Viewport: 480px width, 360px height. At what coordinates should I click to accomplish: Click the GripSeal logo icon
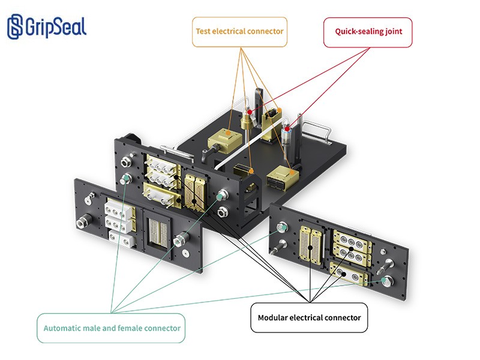pos(15,26)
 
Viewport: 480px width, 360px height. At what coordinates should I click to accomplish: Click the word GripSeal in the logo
pos(56,27)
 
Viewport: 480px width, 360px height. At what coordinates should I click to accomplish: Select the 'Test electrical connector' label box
pos(239,32)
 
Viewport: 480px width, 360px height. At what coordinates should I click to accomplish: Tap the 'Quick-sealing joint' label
pos(368,32)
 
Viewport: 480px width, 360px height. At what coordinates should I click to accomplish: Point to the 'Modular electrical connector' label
pos(309,318)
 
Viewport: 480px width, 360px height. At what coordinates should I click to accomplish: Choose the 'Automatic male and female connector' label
pos(111,328)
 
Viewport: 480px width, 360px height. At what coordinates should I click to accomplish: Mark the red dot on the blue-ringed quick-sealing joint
pos(287,129)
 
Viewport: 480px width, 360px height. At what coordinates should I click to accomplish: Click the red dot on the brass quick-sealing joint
pos(250,112)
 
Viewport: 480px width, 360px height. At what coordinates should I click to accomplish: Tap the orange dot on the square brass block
pos(228,133)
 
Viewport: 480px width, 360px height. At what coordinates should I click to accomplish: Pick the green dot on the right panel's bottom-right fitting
pos(383,280)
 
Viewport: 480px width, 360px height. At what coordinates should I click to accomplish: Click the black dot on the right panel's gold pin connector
pos(310,248)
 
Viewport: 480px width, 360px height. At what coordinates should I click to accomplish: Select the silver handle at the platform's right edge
pos(317,130)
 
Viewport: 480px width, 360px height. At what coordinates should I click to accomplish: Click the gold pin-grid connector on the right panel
pos(311,245)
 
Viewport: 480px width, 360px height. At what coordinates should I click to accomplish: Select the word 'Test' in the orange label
pos(203,31)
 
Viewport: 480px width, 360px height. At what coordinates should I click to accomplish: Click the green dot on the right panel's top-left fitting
pos(284,228)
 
